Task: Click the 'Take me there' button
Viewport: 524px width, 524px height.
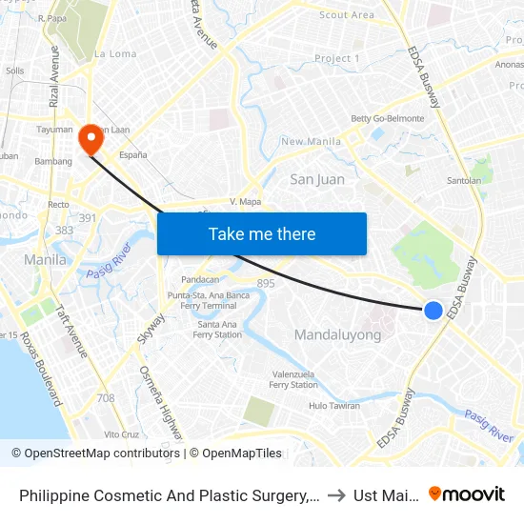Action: (x=262, y=233)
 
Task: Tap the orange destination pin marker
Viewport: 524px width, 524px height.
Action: (x=91, y=140)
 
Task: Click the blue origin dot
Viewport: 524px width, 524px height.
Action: (x=433, y=310)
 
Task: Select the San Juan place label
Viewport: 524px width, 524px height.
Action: (x=317, y=179)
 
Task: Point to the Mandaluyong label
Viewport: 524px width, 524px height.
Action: (x=337, y=334)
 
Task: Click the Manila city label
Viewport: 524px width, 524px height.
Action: (x=45, y=259)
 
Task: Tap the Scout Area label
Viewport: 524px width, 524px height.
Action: (x=347, y=15)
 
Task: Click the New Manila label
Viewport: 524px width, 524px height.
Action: (x=312, y=142)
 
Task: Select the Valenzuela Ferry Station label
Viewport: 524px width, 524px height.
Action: (x=293, y=379)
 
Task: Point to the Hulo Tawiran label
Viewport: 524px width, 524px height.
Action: (x=333, y=406)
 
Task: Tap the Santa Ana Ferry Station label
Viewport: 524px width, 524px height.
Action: (x=217, y=330)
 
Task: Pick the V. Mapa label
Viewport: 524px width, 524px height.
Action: (x=245, y=202)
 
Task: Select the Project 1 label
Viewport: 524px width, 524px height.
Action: (x=337, y=59)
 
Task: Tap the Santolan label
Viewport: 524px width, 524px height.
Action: (x=464, y=180)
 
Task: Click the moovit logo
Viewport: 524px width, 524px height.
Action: (x=467, y=494)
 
